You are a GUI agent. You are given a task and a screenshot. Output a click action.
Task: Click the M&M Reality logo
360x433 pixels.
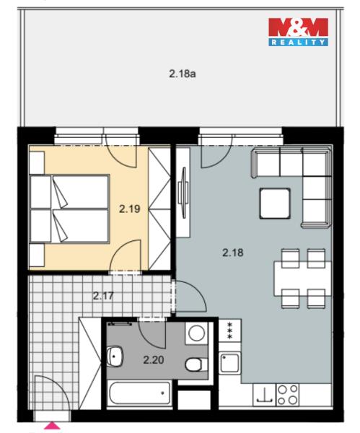tap(298, 32)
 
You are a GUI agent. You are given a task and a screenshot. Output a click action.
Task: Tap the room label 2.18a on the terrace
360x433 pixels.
tap(183, 74)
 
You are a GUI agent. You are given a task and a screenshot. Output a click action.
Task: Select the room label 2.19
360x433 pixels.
tap(129, 209)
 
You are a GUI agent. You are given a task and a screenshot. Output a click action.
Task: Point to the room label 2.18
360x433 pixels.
tap(233, 253)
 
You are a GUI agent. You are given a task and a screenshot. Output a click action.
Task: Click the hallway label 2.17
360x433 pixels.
tap(103, 296)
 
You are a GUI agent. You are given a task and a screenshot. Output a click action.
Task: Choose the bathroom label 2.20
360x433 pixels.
tap(154, 360)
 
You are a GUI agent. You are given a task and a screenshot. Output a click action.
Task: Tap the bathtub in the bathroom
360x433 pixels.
tap(139, 393)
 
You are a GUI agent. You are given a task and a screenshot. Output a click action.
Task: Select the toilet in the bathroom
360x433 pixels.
tap(196, 364)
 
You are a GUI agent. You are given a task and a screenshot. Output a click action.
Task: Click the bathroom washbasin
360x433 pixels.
tap(115, 357)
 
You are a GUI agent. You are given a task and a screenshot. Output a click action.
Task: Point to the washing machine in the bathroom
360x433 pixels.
tap(196, 333)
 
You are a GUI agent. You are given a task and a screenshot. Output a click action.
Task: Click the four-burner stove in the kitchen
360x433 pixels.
tap(287, 395)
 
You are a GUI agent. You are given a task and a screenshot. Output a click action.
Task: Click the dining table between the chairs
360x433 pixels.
tap(302, 279)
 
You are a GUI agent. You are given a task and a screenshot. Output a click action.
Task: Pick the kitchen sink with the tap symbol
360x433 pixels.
tap(264, 395)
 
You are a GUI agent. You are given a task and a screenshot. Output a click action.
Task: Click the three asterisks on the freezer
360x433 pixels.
tap(229, 330)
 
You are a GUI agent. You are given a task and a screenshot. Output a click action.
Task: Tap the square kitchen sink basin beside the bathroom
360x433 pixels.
tap(229, 363)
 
